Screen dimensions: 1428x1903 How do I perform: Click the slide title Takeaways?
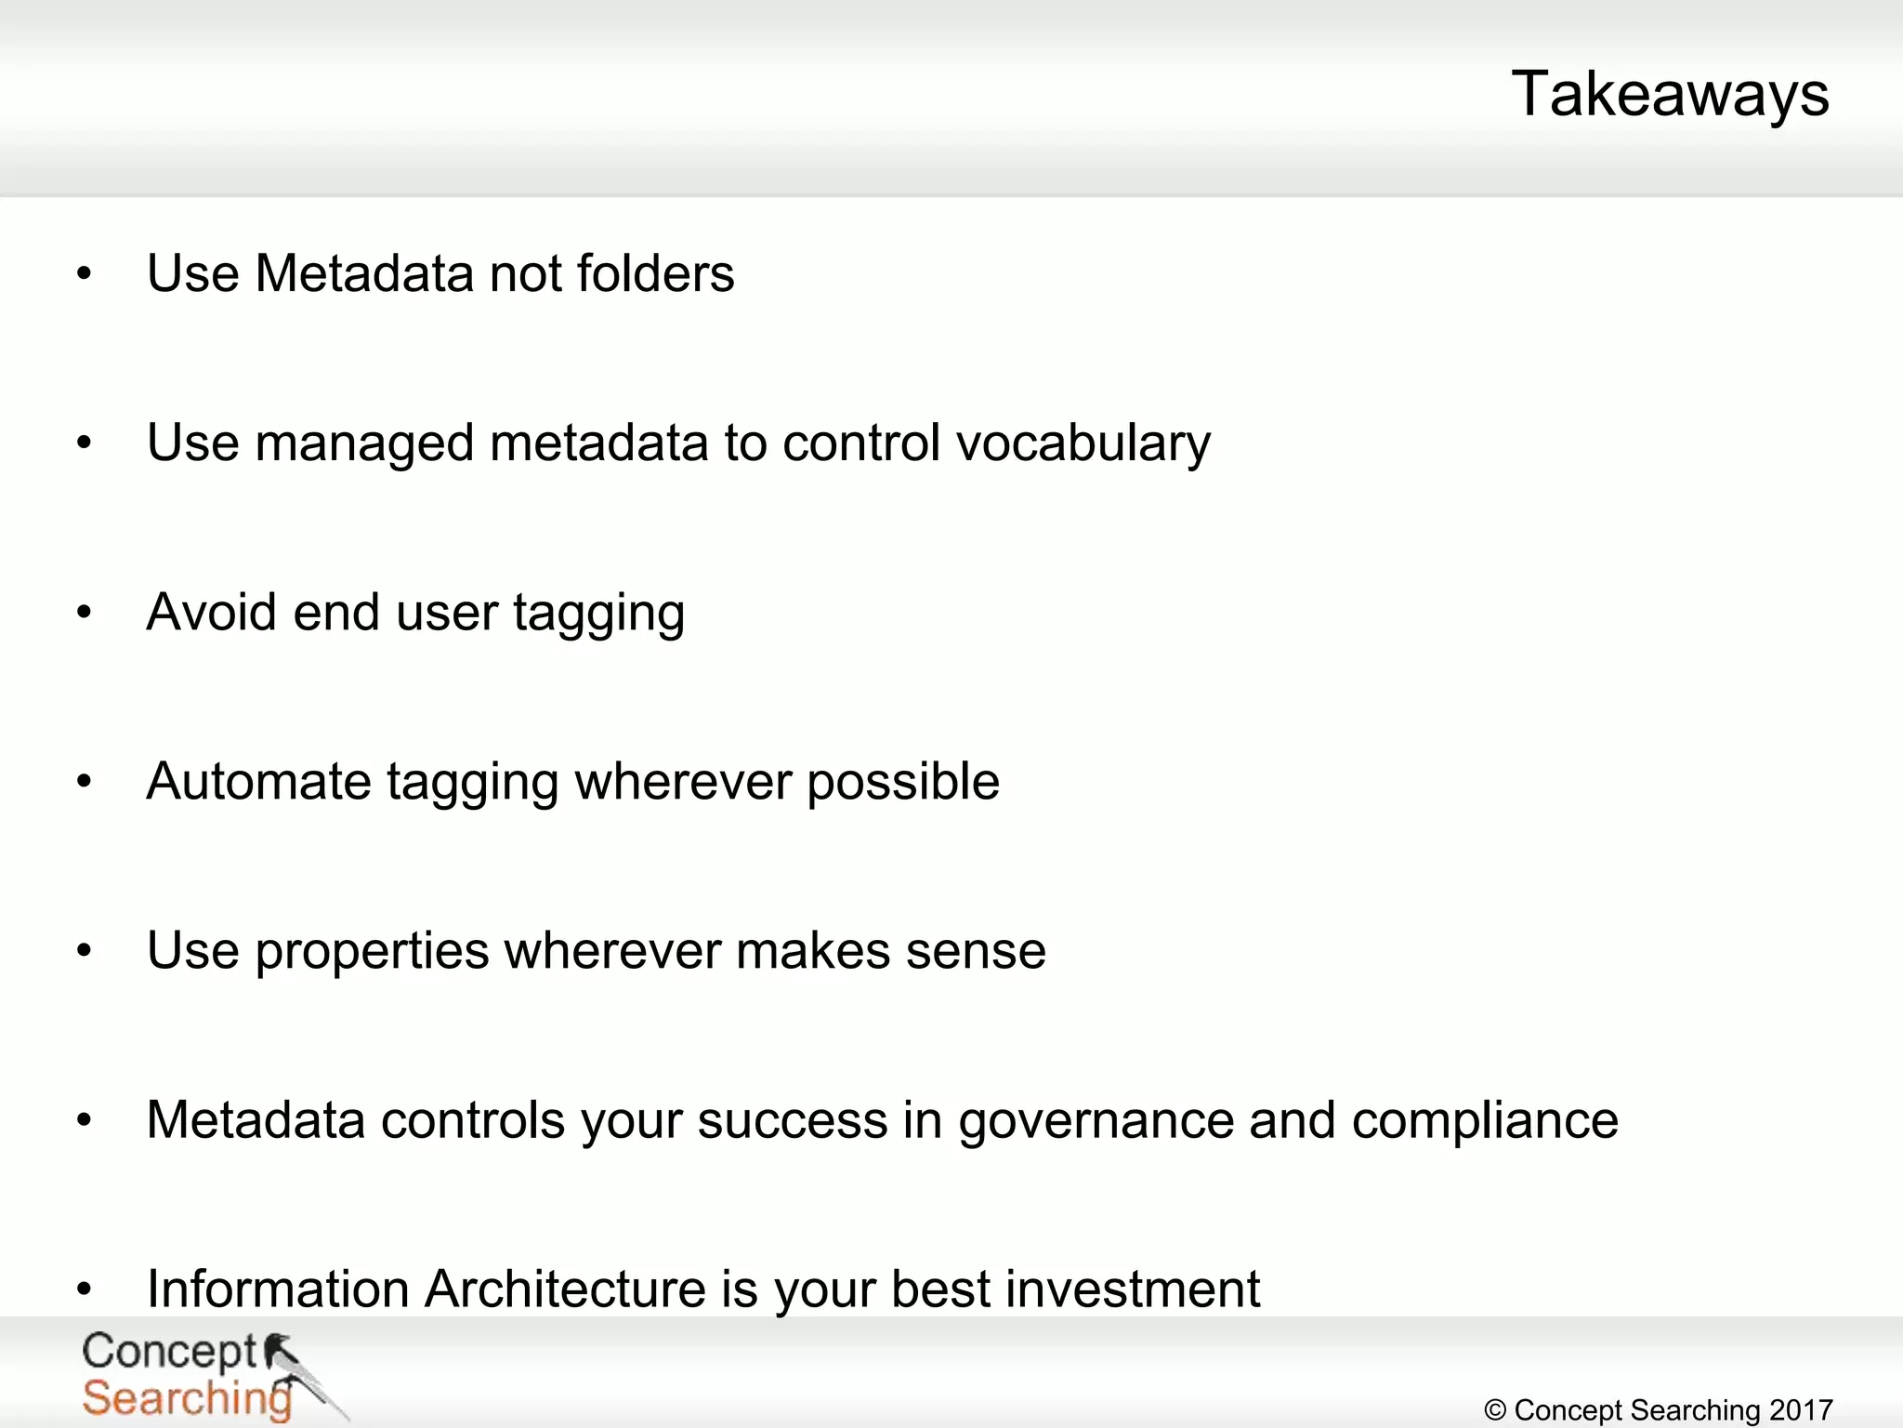[1670, 94]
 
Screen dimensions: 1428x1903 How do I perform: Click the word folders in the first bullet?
[655, 273]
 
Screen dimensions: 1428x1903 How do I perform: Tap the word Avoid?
[211, 613]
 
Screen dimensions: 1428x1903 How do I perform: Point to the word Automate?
[258, 781]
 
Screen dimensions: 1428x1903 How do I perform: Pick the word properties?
[372, 952]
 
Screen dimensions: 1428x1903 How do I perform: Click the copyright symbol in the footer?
[1495, 1410]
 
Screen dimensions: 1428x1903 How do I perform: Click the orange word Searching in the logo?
[186, 1398]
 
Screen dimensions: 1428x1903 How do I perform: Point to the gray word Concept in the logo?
[168, 1351]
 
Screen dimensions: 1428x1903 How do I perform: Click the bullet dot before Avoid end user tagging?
[85, 613]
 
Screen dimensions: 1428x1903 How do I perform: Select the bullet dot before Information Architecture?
[85, 1289]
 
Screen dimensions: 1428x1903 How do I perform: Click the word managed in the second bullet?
[363, 443]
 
